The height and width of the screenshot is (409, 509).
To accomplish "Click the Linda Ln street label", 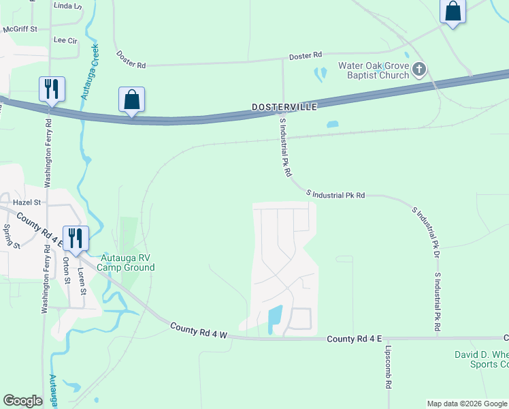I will coord(67,6).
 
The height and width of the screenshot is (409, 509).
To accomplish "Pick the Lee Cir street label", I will coord(65,41).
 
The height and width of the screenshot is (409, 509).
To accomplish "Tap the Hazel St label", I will coord(27,202).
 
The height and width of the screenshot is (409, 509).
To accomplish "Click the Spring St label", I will coord(7,236).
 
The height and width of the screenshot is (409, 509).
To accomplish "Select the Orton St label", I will coord(67,270).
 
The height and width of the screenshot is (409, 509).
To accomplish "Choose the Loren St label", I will coord(81,281).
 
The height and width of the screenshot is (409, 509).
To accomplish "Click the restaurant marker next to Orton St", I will coord(74,238).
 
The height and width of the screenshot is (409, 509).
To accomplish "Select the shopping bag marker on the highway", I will coord(132,100).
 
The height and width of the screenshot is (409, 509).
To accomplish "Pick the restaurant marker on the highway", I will coord(52,89).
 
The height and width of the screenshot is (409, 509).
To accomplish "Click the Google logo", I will coord(22,401).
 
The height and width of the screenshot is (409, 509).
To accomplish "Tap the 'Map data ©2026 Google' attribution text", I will coord(467,404).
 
